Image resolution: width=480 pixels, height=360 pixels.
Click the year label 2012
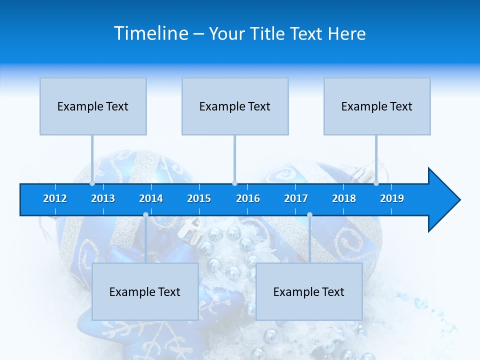tap(55, 198)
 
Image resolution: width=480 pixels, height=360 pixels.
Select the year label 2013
tap(103, 198)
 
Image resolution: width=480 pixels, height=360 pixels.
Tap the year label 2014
tap(151, 198)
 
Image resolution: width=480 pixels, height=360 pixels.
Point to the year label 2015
tap(199, 198)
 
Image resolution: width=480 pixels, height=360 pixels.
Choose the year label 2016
tap(248, 198)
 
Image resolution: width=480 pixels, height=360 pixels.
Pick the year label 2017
tap(296, 198)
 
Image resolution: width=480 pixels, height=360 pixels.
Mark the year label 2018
tap(344, 198)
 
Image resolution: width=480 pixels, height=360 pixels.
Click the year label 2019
tap(392, 198)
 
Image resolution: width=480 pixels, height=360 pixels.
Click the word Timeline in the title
tap(150, 33)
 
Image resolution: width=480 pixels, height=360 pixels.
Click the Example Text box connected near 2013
tap(93, 106)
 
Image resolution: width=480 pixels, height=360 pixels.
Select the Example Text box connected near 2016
tap(235, 106)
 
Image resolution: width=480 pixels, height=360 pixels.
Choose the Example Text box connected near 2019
tap(377, 106)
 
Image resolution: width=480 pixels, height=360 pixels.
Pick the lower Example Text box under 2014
tap(145, 292)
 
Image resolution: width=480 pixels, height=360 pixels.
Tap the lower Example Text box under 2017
tap(309, 292)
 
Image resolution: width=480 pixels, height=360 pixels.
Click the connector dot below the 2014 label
tap(145, 215)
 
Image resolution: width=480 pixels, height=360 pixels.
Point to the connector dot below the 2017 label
tap(309, 215)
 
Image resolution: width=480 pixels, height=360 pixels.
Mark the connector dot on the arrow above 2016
tap(235, 183)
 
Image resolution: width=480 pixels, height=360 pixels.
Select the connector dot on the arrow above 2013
tap(92, 183)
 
